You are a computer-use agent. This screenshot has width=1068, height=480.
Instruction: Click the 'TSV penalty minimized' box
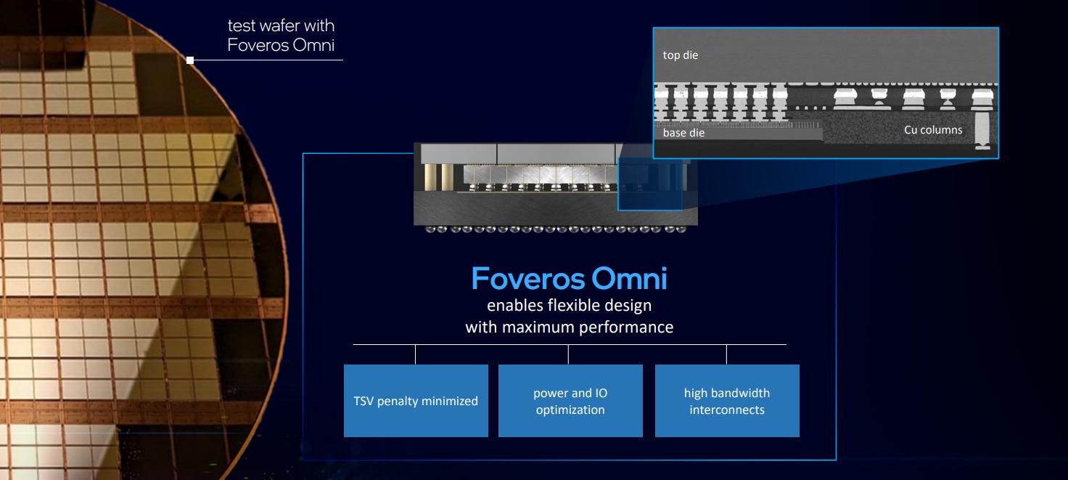(x=416, y=401)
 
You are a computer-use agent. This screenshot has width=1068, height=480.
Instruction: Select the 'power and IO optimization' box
(x=570, y=401)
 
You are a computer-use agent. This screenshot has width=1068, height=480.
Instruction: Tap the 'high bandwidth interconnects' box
(x=727, y=401)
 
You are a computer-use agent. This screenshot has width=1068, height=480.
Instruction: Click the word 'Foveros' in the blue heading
(x=527, y=279)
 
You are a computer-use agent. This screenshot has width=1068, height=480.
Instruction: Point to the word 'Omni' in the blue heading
(x=629, y=279)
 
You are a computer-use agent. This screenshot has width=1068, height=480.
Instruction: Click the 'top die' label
(x=680, y=55)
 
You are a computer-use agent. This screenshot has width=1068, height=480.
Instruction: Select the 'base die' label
(x=683, y=133)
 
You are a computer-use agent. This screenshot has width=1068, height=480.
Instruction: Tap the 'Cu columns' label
(x=933, y=130)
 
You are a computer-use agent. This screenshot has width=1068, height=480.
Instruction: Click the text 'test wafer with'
(x=281, y=26)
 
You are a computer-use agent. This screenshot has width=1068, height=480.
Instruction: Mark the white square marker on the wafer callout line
(x=190, y=60)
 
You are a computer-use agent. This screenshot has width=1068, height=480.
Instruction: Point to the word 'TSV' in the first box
(x=364, y=401)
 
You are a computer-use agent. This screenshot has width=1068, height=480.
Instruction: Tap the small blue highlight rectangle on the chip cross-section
(x=650, y=184)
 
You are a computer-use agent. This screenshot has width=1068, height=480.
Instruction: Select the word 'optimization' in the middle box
(x=570, y=410)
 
